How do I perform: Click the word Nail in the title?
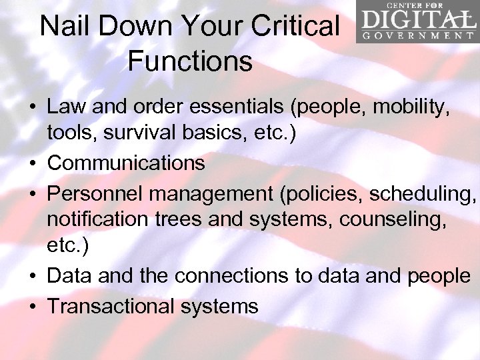63,27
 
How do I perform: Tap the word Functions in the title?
190,61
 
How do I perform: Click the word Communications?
126,163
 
